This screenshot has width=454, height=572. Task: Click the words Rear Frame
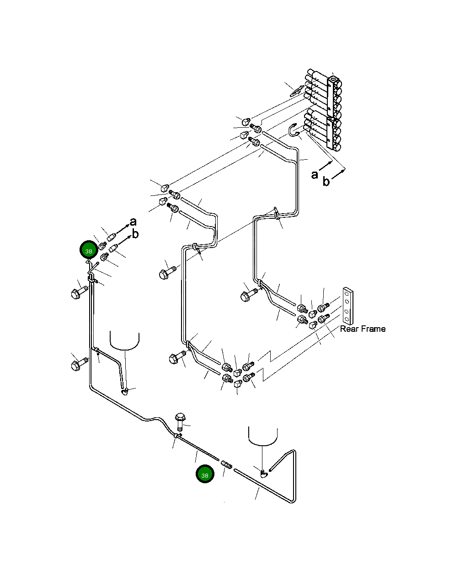click(363, 329)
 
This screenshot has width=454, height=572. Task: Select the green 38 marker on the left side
click(89, 249)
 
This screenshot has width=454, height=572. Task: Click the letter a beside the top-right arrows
click(315, 175)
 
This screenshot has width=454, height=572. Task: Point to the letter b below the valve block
click(326, 181)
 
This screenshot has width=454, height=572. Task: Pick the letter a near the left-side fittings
click(133, 221)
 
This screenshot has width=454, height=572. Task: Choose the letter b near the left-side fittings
click(135, 234)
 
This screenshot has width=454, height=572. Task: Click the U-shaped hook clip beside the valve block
click(293, 130)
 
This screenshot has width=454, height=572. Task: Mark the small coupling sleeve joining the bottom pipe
click(227, 464)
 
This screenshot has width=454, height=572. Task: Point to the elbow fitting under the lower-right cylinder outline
click(264, 474)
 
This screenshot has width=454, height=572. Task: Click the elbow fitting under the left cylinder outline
click(125, 391)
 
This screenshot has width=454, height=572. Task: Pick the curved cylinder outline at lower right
click(263, 436)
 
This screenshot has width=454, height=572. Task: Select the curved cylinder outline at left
click(125, 341)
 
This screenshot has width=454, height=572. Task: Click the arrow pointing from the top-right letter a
click(326, 166)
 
